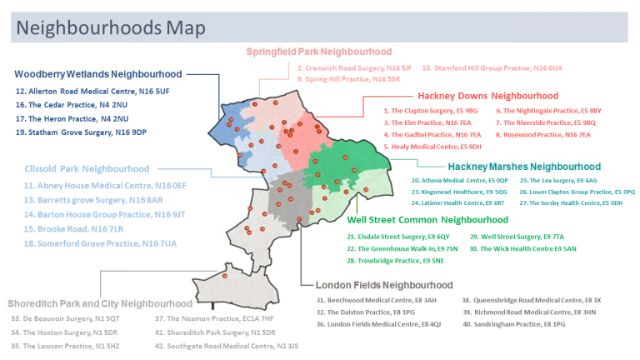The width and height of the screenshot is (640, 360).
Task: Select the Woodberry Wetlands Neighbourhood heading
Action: [98, 74]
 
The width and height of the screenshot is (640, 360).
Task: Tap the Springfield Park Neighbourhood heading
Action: [319, 52]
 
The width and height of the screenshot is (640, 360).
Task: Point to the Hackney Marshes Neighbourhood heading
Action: [524, 166]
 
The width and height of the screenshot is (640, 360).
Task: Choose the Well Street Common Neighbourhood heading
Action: [427, 220]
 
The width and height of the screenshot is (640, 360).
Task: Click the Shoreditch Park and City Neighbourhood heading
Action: [100, 303]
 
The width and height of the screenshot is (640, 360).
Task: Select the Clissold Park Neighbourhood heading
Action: [87, 169]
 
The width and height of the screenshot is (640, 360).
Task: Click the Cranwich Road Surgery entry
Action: [354, 67]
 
